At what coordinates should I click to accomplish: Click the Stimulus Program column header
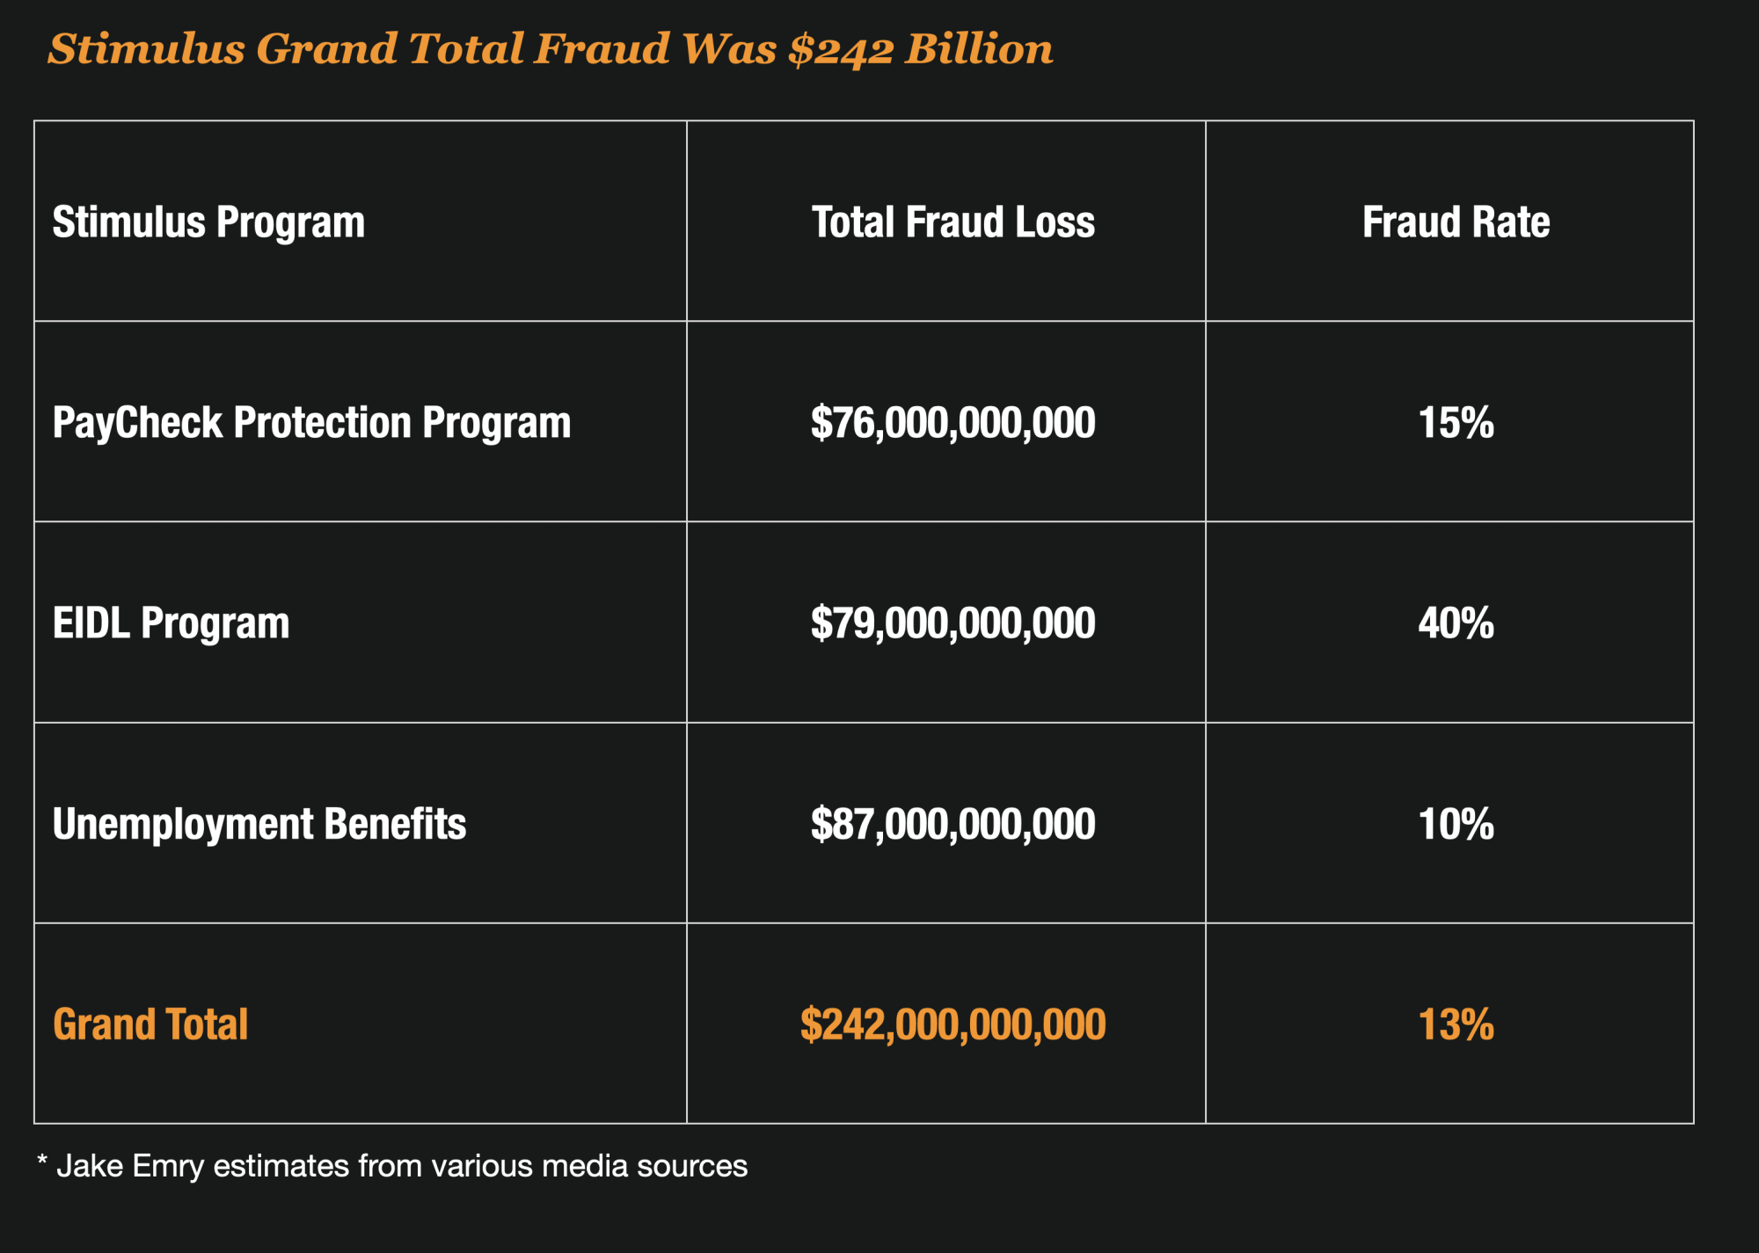208,222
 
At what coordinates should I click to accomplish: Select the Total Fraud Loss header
952,222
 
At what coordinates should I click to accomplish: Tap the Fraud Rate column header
1456,222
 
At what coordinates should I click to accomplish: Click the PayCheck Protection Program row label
311,423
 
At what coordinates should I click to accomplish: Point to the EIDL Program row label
171,623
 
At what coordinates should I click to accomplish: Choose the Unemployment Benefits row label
259,824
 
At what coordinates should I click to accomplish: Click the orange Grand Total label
150,1024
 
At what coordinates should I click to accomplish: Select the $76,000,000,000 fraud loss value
952,423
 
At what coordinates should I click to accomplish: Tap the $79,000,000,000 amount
952,623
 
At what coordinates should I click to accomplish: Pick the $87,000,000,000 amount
952,824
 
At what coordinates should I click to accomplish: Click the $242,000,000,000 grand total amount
952,1024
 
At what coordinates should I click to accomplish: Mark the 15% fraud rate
1456,423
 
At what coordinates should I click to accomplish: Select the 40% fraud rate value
1456,623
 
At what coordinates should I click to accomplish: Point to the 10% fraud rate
1456,824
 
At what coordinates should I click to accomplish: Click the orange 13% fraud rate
1456,1024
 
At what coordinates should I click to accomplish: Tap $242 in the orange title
840,49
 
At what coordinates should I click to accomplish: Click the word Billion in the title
979,49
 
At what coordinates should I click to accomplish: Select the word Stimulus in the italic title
146,49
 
